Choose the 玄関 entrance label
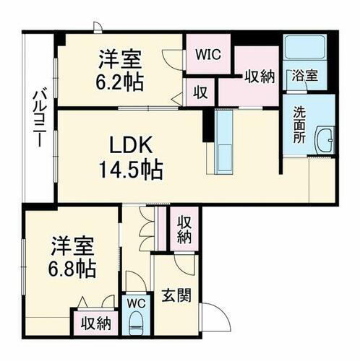[x=176, y=297]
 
